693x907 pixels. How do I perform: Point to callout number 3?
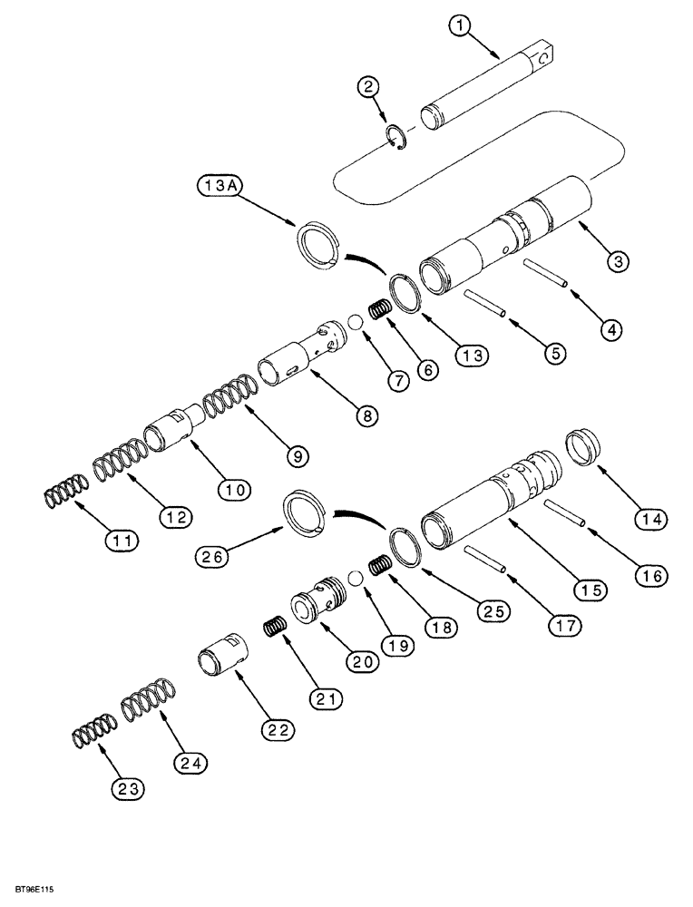click(x=616, y=262)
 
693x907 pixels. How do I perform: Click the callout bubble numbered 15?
click(x=591, y=590)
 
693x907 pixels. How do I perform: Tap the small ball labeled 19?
click(x=356, y=579)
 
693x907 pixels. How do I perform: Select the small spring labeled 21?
click(x=275, y=627)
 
